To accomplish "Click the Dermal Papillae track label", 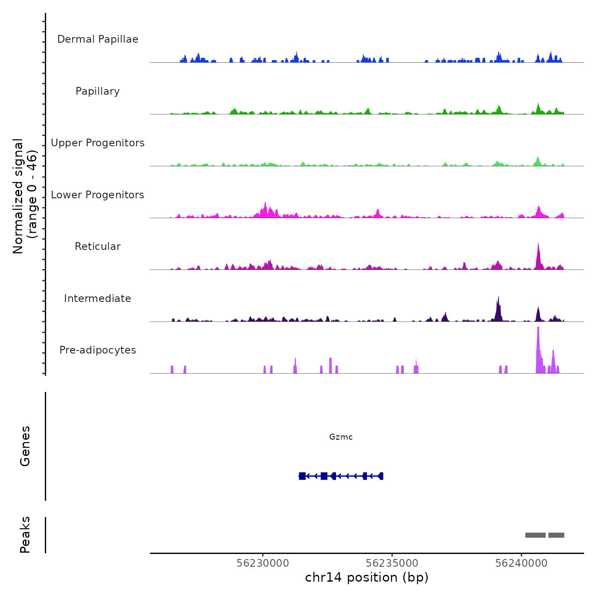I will (x=98, y=39).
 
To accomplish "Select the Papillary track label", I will (x=98, y=91).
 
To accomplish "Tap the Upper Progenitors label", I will (x=98, y=143).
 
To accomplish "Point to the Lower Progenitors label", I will (x=98, y=195).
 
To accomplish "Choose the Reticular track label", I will (x=98, y=246).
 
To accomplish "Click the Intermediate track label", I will (x=98, y=298).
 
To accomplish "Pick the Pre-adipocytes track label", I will (x=98, y=350).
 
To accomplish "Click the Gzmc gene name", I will (x=341, y=437).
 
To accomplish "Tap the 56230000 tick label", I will (x=263, y=563).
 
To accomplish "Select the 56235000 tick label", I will (x=392, y=563).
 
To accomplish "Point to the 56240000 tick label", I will (x=521, y=563).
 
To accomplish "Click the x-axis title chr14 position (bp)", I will (x=367, y=577).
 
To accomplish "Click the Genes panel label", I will (x=25, y=446).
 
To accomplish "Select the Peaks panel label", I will (x=25, y=535).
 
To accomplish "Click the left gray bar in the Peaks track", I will (x=535, y=535).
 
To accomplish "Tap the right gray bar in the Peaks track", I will (x=556, y=535).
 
